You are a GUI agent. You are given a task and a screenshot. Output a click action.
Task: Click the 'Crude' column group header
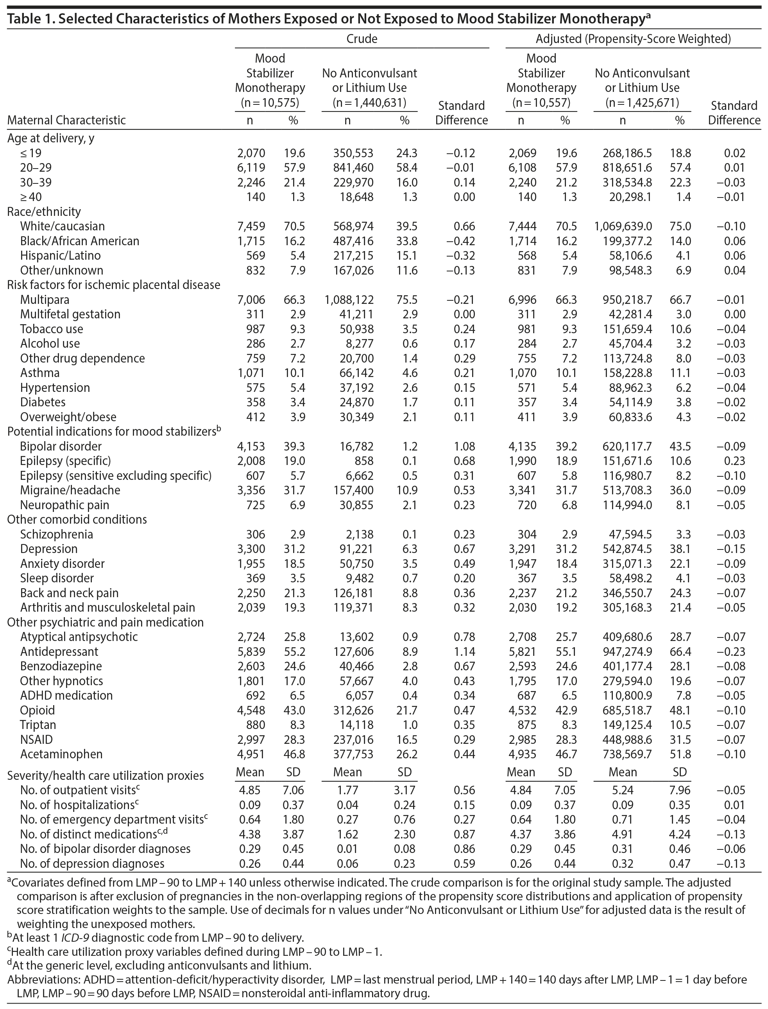coord(362,39)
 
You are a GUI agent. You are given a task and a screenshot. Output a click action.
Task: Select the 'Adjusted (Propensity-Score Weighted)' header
coord(633,39)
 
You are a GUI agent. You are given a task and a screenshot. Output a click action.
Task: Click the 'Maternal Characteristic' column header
coord(66,120)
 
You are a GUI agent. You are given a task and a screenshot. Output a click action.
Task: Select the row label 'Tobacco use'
coord(52,329)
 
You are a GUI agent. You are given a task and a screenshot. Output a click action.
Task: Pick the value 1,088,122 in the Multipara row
coord(349,300)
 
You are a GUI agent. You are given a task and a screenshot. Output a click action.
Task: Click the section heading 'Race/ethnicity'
coord(44,212)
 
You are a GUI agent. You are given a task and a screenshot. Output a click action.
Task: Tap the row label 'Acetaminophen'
coord(61,754)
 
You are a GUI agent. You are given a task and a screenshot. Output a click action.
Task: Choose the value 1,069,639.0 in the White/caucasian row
coord(623,226)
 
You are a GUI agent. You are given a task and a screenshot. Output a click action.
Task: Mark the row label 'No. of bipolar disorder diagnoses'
coord(105,849)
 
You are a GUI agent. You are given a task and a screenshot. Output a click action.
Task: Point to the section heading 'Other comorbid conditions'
coord(77,520)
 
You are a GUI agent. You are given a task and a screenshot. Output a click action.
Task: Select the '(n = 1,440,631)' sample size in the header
coord(369,103)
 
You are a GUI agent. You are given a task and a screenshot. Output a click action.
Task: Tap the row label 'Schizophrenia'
coord(56,534)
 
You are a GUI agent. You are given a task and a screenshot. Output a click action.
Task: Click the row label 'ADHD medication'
coord(66,696)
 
